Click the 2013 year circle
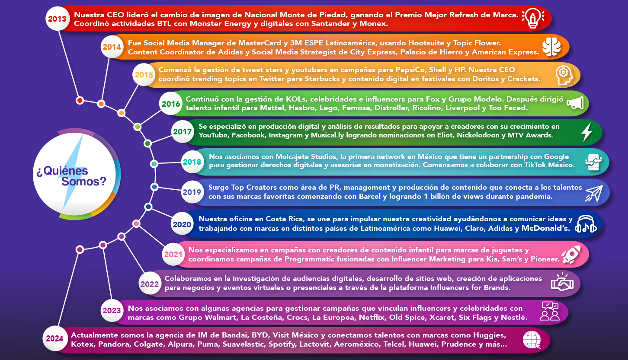(x=57, y=19)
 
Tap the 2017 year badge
(x=183, y=131)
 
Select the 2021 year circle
(x=173, y=255)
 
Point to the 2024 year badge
(x=54, y=339)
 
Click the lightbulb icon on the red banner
(x=533, y=18)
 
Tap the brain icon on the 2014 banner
(x=551, y=47)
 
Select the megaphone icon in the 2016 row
(x=575, y=103)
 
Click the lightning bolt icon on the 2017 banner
(x=586, y=132)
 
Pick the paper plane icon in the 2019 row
(x=594, y=193)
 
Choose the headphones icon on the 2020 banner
(x=585, y=224)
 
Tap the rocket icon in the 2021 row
(x=571, y=255)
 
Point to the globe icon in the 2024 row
(x=532, y=340)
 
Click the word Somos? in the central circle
(x=84, y=182)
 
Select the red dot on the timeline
(x=80, y=100)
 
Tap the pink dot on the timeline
(x=137, y=223)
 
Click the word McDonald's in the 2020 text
(x=545, y=228)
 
